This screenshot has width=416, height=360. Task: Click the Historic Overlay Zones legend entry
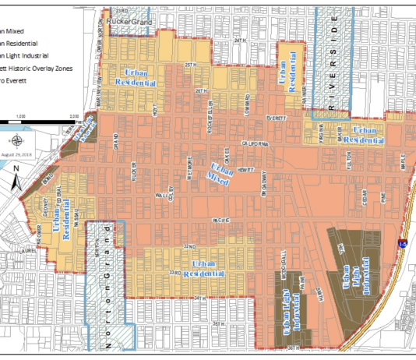tap(39, 69)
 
